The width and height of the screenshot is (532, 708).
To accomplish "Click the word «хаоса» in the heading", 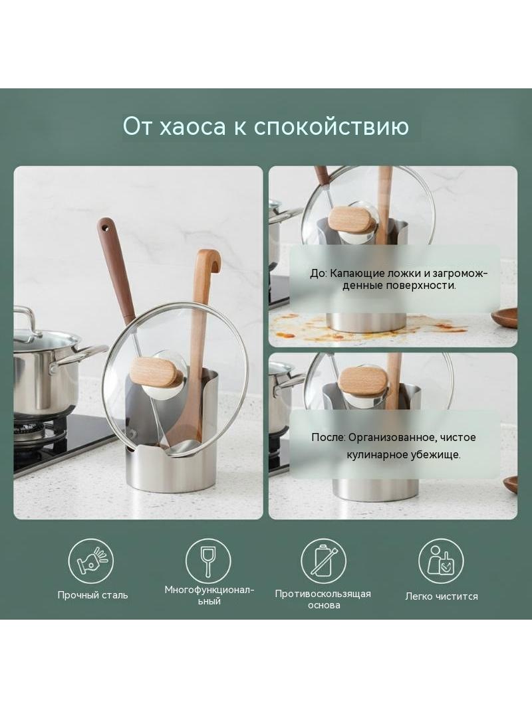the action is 193,126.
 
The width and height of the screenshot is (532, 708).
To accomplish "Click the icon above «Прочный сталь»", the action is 91,561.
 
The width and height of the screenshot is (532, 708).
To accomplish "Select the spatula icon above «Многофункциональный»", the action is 208,561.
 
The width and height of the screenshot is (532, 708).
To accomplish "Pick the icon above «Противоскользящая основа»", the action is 324,561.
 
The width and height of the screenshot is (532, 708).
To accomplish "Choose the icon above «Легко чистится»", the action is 441,561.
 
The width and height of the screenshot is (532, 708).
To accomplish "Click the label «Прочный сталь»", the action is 92,595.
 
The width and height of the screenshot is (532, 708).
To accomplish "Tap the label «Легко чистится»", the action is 441,596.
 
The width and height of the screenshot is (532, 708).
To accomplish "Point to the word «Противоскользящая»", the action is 323,594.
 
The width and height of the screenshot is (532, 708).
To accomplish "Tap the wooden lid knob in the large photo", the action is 154,373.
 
